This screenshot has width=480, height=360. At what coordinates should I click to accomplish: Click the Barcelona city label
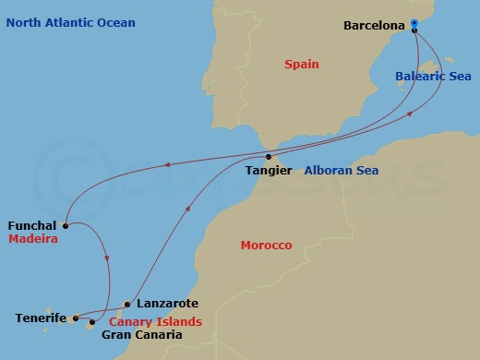pyautogui.click(x=374, y=26)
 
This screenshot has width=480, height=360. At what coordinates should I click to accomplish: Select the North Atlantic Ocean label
pyautogui.click(x=69, y=22)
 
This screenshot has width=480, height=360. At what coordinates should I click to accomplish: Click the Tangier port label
pyautogui.click(x=270, y=171)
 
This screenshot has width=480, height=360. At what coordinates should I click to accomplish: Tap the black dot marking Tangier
pyautogui.click(x=269, y=156)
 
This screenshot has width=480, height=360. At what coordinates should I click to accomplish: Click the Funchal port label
pyautogui.click(x=31, y=224)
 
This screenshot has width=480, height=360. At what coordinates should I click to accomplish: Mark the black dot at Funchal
pyautogui.click(x=66, y=224)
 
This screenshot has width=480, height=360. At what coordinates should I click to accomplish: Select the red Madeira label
pyautogui.click(x=33, y=238)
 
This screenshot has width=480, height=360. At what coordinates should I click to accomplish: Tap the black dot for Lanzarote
pyautogui.click(x=126, y=304)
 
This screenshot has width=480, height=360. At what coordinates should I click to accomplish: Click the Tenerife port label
pyautogui.click(x=41, y=318)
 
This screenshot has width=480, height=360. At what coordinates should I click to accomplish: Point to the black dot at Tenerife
pyautogui.click(x=76, y=318)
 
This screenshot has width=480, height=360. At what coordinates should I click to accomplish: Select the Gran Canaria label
pyautogui.click(x=141, y=335)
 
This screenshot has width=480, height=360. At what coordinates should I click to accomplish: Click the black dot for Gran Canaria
pyautogui.click(x=92, y=323)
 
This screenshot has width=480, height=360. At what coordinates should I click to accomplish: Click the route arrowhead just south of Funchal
pyautogui.click(x=109, y=258)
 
